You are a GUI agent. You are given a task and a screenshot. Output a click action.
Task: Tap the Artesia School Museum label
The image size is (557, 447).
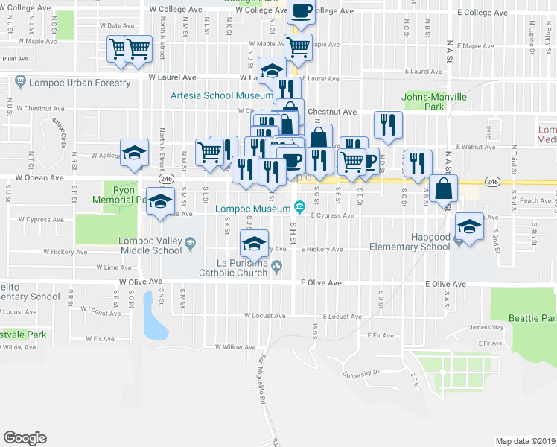pos(221,96)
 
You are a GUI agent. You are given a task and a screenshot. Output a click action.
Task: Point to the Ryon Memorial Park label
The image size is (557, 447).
pos(117,194)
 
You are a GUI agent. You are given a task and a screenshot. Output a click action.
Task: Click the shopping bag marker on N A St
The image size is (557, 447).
pos(443,189)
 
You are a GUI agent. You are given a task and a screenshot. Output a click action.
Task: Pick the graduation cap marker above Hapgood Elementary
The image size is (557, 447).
pos(469,226)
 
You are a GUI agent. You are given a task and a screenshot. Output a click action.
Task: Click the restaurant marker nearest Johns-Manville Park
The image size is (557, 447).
pos(387,124)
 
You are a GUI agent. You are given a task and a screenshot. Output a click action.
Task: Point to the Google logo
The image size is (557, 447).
pos(25,438)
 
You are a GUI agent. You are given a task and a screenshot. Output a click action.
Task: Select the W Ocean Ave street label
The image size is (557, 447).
pos(40,178)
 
